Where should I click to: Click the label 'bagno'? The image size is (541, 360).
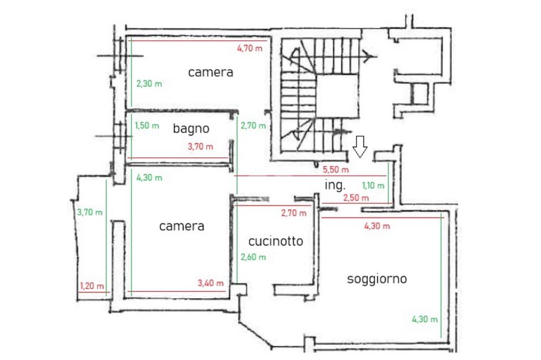(x=191, y=129)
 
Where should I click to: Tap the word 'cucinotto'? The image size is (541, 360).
(x=276, y=241)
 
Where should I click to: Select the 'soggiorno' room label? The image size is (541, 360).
(x=377, y=279)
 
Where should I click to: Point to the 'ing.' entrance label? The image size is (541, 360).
(x=334, y=185)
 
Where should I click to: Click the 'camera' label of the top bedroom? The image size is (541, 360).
(x=210, y=72)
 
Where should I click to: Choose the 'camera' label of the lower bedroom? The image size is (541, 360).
(x=182, y=226)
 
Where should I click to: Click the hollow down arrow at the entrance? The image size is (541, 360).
(x=360, y=147)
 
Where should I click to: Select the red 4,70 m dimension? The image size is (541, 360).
(x=250, y=48)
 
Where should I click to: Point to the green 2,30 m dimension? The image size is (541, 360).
(x=149, y=83)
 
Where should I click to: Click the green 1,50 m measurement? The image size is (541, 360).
(x=147, y=126)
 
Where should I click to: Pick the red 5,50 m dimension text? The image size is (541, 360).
(x=335, y=169)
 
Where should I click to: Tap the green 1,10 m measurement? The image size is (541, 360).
(x=373, y=186)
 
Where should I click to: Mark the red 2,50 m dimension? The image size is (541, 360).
(x=356, y=198)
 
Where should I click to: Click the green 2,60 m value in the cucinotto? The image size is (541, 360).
(x=253, y=257)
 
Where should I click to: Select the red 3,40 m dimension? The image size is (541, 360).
(x=210, y=283)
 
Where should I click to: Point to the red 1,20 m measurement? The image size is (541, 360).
(x=92, y=286)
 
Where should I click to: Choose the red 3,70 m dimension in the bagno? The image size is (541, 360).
(x=200, y=147)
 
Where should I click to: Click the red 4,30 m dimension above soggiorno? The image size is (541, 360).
(x=377, y=226)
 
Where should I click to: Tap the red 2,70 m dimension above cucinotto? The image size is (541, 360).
(x=294, y=213)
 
